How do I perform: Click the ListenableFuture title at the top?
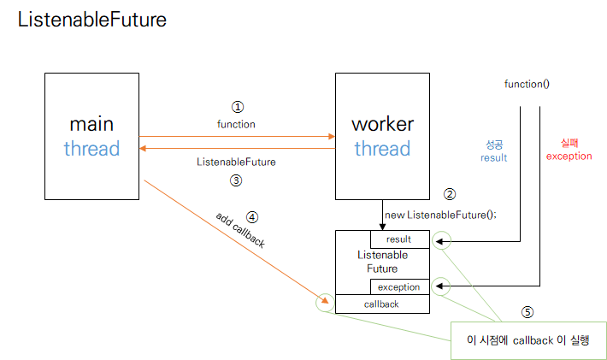tap(92, 20)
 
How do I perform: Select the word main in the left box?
tap(91, 124)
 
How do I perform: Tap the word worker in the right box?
tap(382, 124)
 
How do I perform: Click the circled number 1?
tap(238, 107)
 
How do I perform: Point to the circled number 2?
tap(450, 194)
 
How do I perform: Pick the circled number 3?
tap(236, 180)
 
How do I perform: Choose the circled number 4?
tap(252, 217)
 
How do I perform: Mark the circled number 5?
tap(527, 312)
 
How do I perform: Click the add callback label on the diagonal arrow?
tap(240, 230)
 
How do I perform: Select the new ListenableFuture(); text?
tap(440, 215)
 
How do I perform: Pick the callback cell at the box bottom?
tap(382, 304)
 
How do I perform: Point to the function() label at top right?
tap(527, 84)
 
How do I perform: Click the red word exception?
tap(569, 156)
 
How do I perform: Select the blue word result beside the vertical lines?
tap(493, 157)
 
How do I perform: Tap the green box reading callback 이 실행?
tap(528, 340)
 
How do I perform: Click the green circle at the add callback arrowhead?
tap(315, 303)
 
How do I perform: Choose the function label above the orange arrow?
tap(236, 124)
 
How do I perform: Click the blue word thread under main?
tap(91, 149)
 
